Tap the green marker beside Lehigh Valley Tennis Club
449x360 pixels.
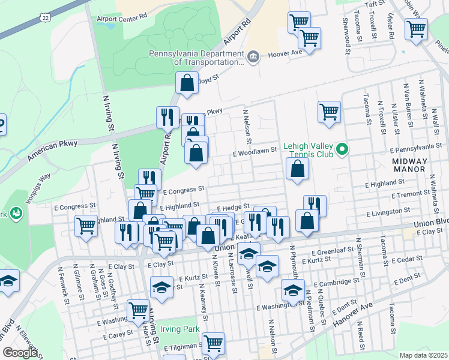pyautogui.click(x=343, y=149)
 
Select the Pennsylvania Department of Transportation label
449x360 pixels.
pyautogui.click(x=196, y=58)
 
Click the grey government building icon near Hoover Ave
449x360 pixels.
pyautogui.click(x=253, y=57)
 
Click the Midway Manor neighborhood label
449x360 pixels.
pyautogui.click(x=410, y=166)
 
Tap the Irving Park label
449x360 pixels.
pyautogui.click(x=180, y=329)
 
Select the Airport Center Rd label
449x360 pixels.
pyautogui.click(x=122, y=19)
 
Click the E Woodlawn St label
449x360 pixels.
pyautogui.click(x=255, y=153)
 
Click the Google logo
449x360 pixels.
pyautogui.click(x=20, y=353)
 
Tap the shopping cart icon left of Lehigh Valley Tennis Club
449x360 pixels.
pyautogui.click(x=329, y=112)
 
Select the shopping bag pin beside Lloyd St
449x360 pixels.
pyautogui.click(x=187, y=83)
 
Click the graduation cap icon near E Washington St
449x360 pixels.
pyautogui.click(x=293, y=291)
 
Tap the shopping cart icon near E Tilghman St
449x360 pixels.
pyautogui.click(x=213, y=344)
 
